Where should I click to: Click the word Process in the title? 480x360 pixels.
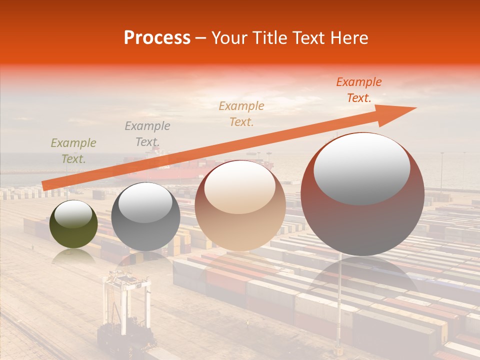pos(157,38)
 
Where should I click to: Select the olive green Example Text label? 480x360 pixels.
pos(73,151)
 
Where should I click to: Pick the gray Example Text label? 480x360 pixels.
pos(147,134)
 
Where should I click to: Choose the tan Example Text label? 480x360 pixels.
pos(241,113)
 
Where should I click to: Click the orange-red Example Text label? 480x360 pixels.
pos(359,90)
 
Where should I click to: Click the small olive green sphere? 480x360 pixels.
pos(73,224)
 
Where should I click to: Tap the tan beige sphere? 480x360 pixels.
pos(240,205)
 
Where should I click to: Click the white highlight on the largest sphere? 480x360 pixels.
pos(362,169)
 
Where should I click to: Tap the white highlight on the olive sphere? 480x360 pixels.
pos(73,214)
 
